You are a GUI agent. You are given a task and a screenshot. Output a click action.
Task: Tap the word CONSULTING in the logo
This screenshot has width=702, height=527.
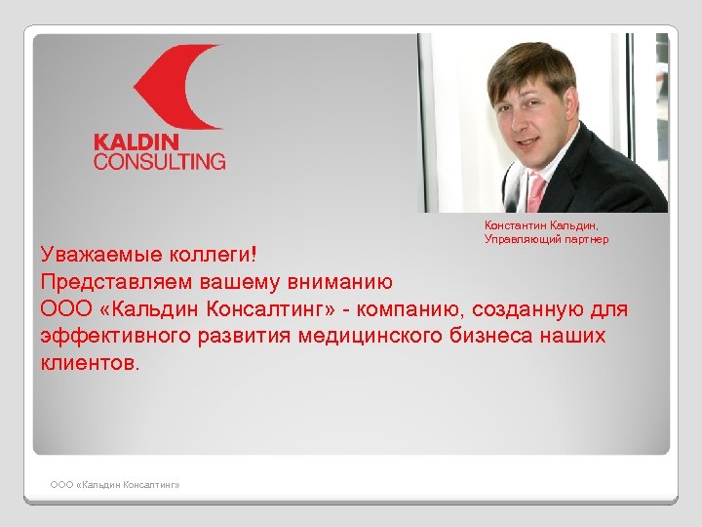tap(159, 161)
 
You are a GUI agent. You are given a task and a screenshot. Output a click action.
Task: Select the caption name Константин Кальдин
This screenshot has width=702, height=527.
tap(546, 225)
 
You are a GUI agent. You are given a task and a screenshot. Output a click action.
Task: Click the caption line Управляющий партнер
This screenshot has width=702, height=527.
tap(546, 239)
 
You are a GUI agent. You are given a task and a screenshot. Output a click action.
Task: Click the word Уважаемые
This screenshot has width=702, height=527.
tap(95, 256)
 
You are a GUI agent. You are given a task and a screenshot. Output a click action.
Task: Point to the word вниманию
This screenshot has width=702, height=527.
tap(342, 283)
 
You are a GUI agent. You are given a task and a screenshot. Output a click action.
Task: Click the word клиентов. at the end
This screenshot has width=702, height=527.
tap(91, 364)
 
